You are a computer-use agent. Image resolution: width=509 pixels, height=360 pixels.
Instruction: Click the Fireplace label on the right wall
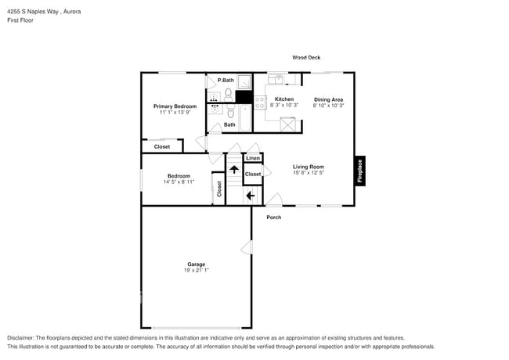(x=360, y=171)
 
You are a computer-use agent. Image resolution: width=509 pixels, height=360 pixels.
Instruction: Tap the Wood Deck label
(x=306, y=57)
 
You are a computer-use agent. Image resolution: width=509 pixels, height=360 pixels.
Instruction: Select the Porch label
(x=273, y=217)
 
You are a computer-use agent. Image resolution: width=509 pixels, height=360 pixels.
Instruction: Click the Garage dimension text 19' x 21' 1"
(x=197, y=270)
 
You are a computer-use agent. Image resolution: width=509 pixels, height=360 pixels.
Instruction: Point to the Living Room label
(x=309, y=167)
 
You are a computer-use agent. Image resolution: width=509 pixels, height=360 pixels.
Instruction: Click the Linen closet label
(x=253, y=158)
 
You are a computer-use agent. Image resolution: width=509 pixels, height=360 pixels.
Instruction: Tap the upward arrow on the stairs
(x=233, y=169)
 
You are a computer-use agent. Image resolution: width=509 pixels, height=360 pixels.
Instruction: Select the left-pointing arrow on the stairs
(x=251, y=196)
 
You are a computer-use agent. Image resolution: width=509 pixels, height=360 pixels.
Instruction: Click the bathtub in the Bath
(x=244, y=119)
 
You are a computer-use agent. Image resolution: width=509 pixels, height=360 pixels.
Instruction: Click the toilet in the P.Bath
(x=229, y=94)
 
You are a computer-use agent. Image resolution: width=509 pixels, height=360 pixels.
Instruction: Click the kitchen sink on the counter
(x=276, y=79)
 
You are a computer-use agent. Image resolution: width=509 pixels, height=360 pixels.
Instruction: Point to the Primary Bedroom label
(x=175, y=106)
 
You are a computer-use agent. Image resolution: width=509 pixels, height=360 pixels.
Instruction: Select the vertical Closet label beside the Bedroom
(x=219, y=188)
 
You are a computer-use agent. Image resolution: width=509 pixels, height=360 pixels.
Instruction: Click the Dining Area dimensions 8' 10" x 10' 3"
(x=328, y=106)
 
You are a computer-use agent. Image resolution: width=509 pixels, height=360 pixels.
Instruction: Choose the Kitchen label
(x=284, y=99)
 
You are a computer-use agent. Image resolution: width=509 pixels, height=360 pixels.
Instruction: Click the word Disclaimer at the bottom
(x=21, y=337)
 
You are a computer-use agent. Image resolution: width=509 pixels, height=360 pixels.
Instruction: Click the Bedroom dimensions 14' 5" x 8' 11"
(x=180, y=182)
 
